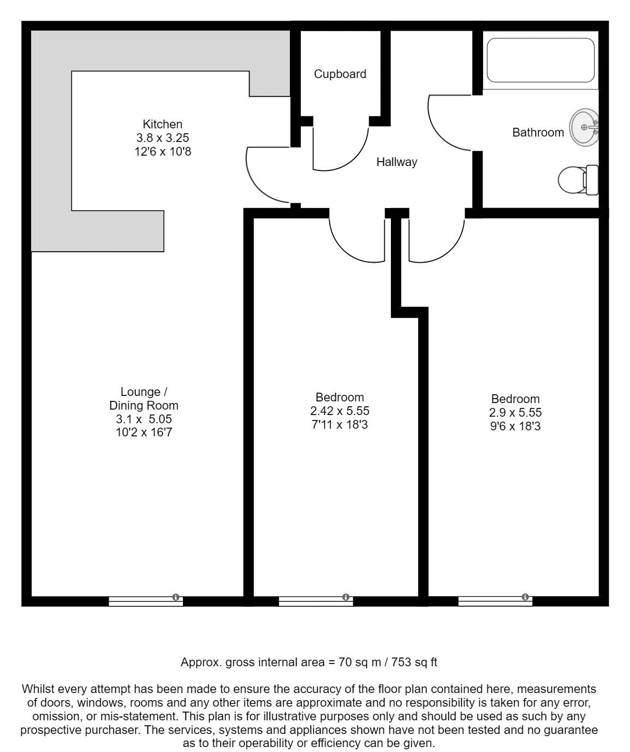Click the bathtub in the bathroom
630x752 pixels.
coord(540,60)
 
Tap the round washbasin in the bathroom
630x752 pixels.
coord(584,127)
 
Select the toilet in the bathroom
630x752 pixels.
coord(578,180)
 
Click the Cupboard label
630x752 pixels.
coord(340,74)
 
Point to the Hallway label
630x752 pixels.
coord(396,162)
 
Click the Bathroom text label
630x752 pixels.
coord(538,133)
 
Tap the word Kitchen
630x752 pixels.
coord(162,125)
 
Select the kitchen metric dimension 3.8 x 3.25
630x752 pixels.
coord(162,138)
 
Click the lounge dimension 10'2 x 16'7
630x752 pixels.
coord(144,432)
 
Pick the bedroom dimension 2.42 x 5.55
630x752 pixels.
coord(340,411)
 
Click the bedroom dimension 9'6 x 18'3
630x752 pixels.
coord(515,427)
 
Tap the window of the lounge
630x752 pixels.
coord(146,601)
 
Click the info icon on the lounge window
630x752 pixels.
coord(176,597)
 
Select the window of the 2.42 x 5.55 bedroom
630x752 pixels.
coord(316,601)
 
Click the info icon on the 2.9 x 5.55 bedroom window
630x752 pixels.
coord(525,597)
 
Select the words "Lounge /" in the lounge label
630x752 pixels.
coord(144,392)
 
